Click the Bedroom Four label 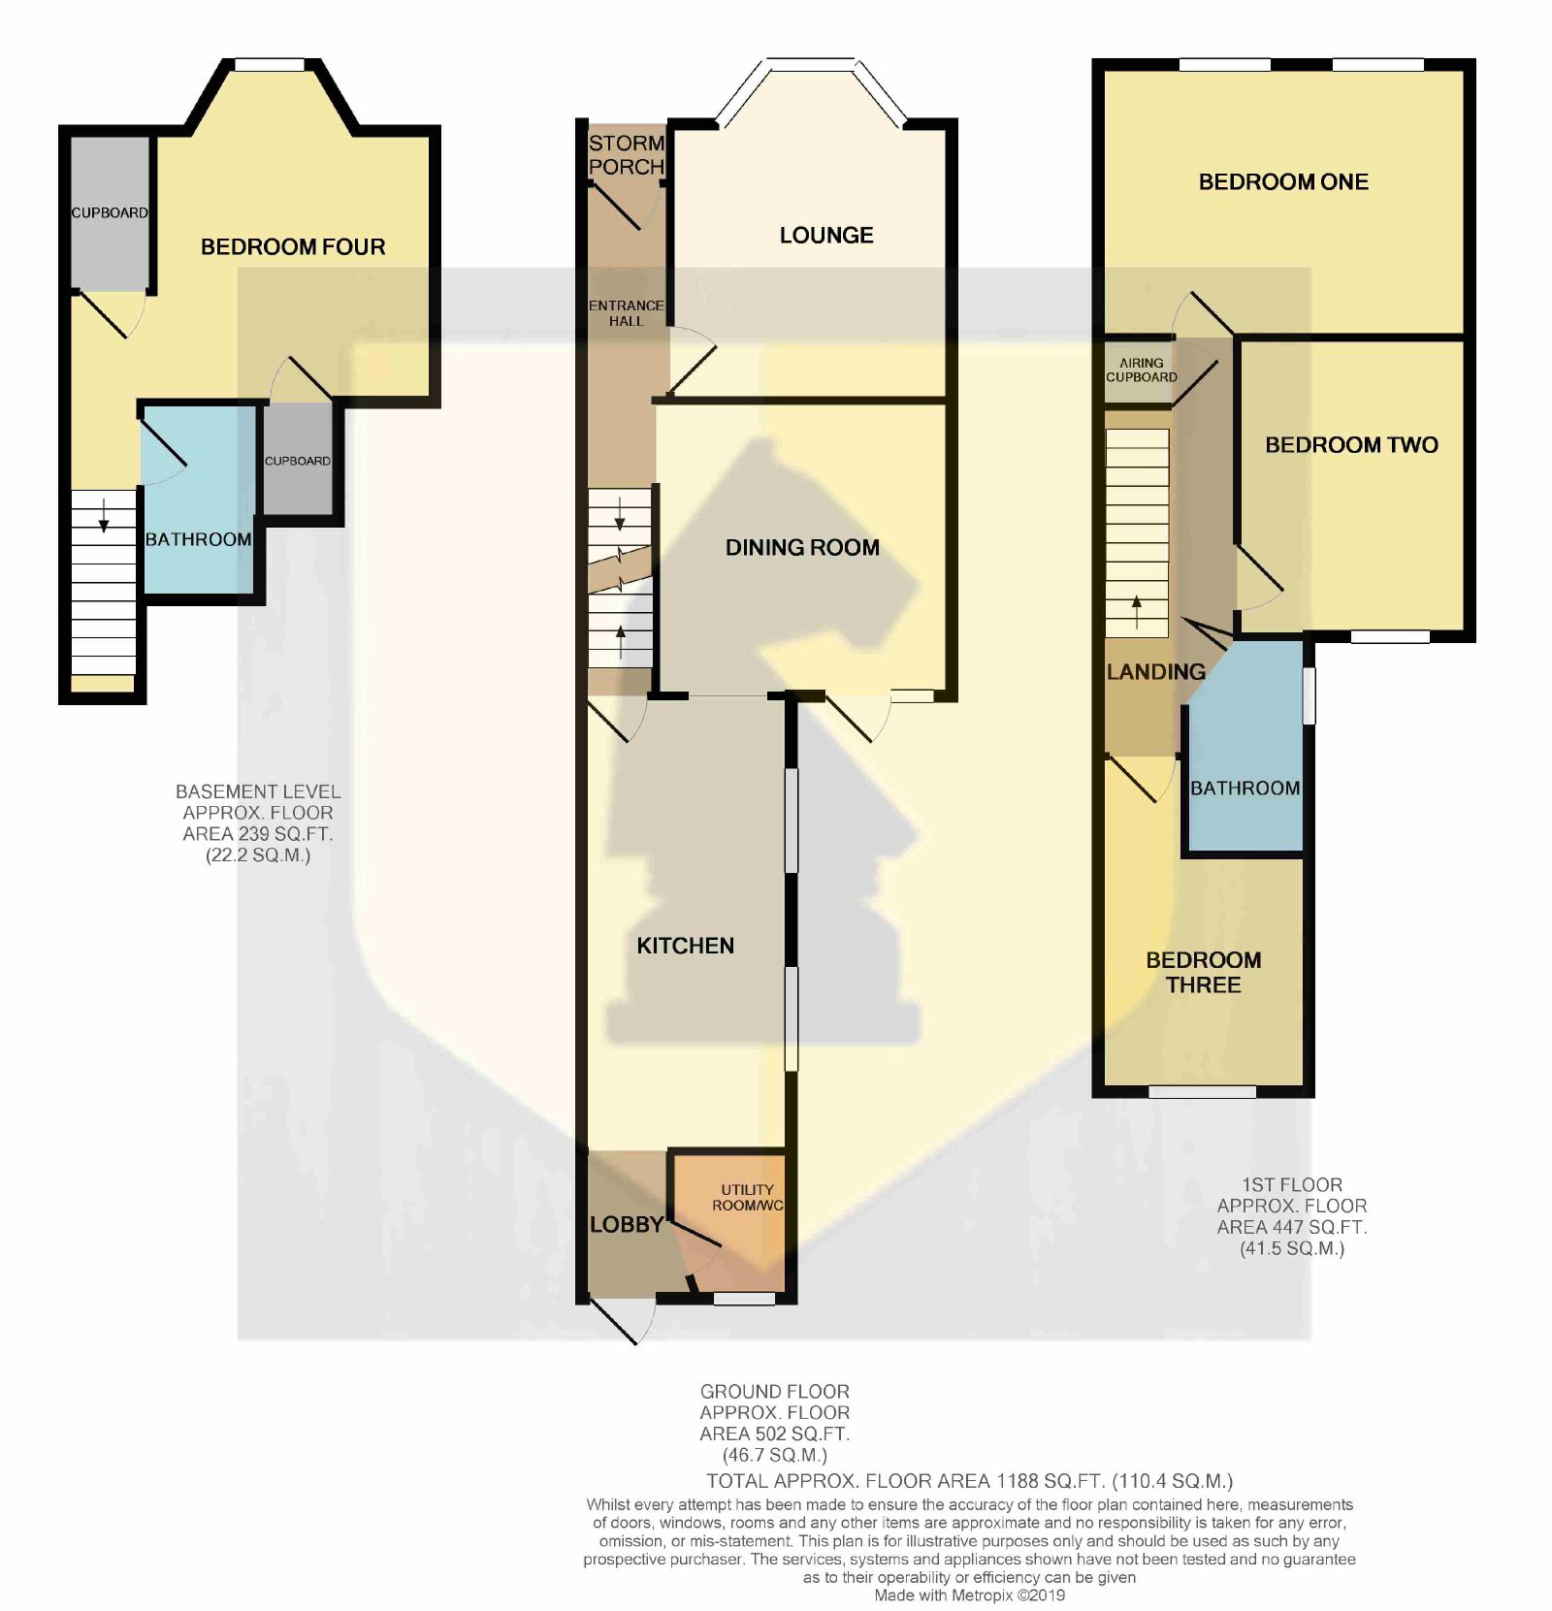293,247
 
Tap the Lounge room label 826,236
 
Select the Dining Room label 802,548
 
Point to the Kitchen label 685,946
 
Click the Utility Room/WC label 748,1198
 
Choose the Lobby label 627,1225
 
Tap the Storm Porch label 627,155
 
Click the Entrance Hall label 627,313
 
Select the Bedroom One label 1283,182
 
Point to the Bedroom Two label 1351,445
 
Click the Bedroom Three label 1204,973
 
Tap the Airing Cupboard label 1142,370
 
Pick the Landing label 1156,671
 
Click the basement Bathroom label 198,539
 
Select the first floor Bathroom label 1245,789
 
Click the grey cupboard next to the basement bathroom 298,459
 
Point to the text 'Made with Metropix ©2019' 970,1595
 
